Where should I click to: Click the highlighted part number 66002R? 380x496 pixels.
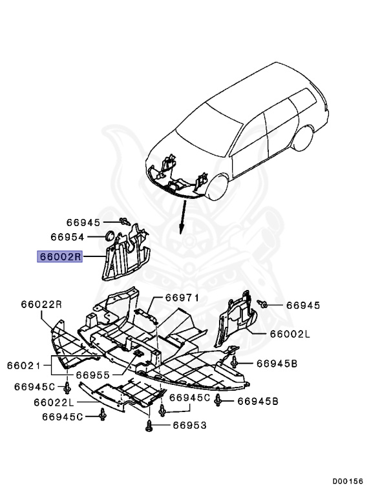click(60, 256)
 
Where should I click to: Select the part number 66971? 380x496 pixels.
click(182, 298)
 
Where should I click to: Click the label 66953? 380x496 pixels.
click(189, 425)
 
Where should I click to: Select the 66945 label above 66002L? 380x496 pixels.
click(303, 304)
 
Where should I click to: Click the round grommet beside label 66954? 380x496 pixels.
click(109, 235)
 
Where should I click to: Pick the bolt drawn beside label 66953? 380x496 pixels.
click(150, 424)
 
